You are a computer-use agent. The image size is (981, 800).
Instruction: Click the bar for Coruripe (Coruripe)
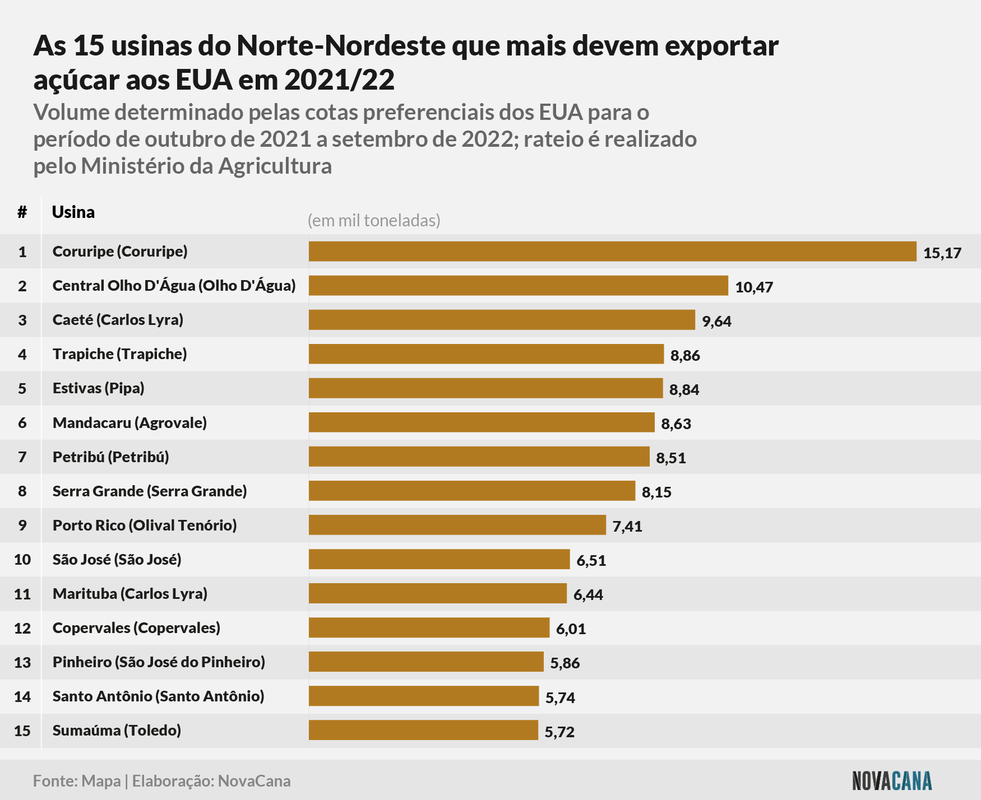612,252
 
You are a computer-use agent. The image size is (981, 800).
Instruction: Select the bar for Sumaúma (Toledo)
423,731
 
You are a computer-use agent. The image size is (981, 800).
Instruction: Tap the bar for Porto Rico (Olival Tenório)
457,525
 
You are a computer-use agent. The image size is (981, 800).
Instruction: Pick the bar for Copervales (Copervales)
429,627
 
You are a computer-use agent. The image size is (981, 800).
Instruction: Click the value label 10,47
754,287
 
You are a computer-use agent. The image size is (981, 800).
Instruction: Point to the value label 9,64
717,322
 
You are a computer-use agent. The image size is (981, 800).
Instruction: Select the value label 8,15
656,492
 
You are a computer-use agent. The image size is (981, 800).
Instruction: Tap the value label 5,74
561,698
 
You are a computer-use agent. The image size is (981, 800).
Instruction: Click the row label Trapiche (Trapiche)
120,354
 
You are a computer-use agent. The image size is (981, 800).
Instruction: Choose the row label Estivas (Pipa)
99,388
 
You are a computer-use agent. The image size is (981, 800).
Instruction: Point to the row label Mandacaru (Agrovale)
130,423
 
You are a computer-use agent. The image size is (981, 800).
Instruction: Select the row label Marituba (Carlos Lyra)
130,594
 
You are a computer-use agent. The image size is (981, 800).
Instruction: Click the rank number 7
22,457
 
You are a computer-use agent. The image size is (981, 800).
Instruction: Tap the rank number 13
22,663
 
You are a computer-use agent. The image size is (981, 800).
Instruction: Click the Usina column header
73,212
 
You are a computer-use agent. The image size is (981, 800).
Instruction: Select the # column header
22,212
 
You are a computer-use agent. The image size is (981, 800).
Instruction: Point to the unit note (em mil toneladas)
374,221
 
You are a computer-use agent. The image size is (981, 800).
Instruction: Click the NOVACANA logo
892,781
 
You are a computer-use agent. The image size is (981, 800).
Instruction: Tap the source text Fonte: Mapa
77,782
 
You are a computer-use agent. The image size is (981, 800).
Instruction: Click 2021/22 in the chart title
340,80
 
